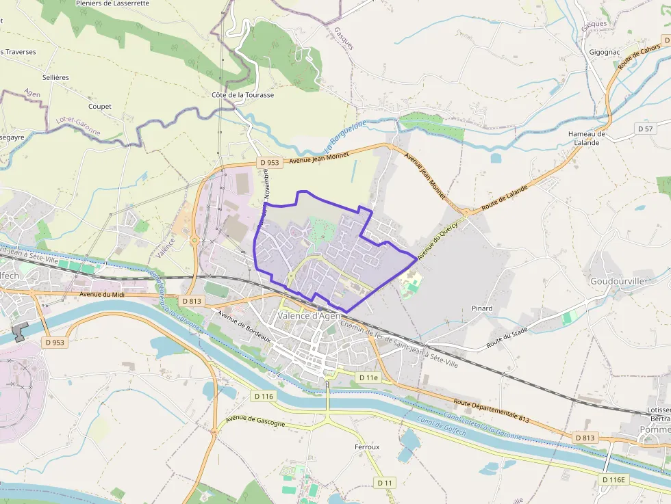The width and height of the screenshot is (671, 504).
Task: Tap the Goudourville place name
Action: (x=617, y=281)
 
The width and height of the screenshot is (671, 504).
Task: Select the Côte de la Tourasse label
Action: (x=242, y=95)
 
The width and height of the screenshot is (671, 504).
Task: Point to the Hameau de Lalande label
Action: (x=587, y=138)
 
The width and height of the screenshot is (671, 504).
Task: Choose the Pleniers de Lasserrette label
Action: (x=123, y=3)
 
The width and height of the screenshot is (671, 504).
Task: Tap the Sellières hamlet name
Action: (x=55, y=77)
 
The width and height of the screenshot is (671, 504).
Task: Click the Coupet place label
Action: (x=99, y=106)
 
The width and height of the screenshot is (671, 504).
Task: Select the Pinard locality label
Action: (x=482, y=308)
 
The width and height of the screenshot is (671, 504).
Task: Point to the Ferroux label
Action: (x=367, y=447)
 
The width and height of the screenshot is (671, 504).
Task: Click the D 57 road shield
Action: (x=645, y=129)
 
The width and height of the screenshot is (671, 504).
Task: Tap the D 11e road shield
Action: (x=368, y=377)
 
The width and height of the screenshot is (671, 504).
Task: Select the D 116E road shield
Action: (x=614, y=479)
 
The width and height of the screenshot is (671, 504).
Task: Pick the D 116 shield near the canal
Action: (x=264, y=396)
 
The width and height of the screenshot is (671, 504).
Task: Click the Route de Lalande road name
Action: (x=505, y=197)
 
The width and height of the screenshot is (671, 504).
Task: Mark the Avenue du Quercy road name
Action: (x=437, y=241)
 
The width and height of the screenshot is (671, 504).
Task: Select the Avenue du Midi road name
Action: (x=101, y=294)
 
